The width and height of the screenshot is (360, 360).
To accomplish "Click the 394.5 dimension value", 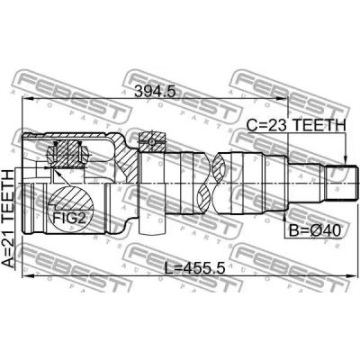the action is (x=154, y=91).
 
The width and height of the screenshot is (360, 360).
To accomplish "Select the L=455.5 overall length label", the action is (x=195, y=267).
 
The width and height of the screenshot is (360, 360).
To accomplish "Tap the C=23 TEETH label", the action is (x=296, y=125).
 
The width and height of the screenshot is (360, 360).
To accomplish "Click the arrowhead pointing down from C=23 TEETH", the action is (x=346, y=160).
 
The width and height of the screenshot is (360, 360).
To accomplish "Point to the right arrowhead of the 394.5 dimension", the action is (x=283, y=99).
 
